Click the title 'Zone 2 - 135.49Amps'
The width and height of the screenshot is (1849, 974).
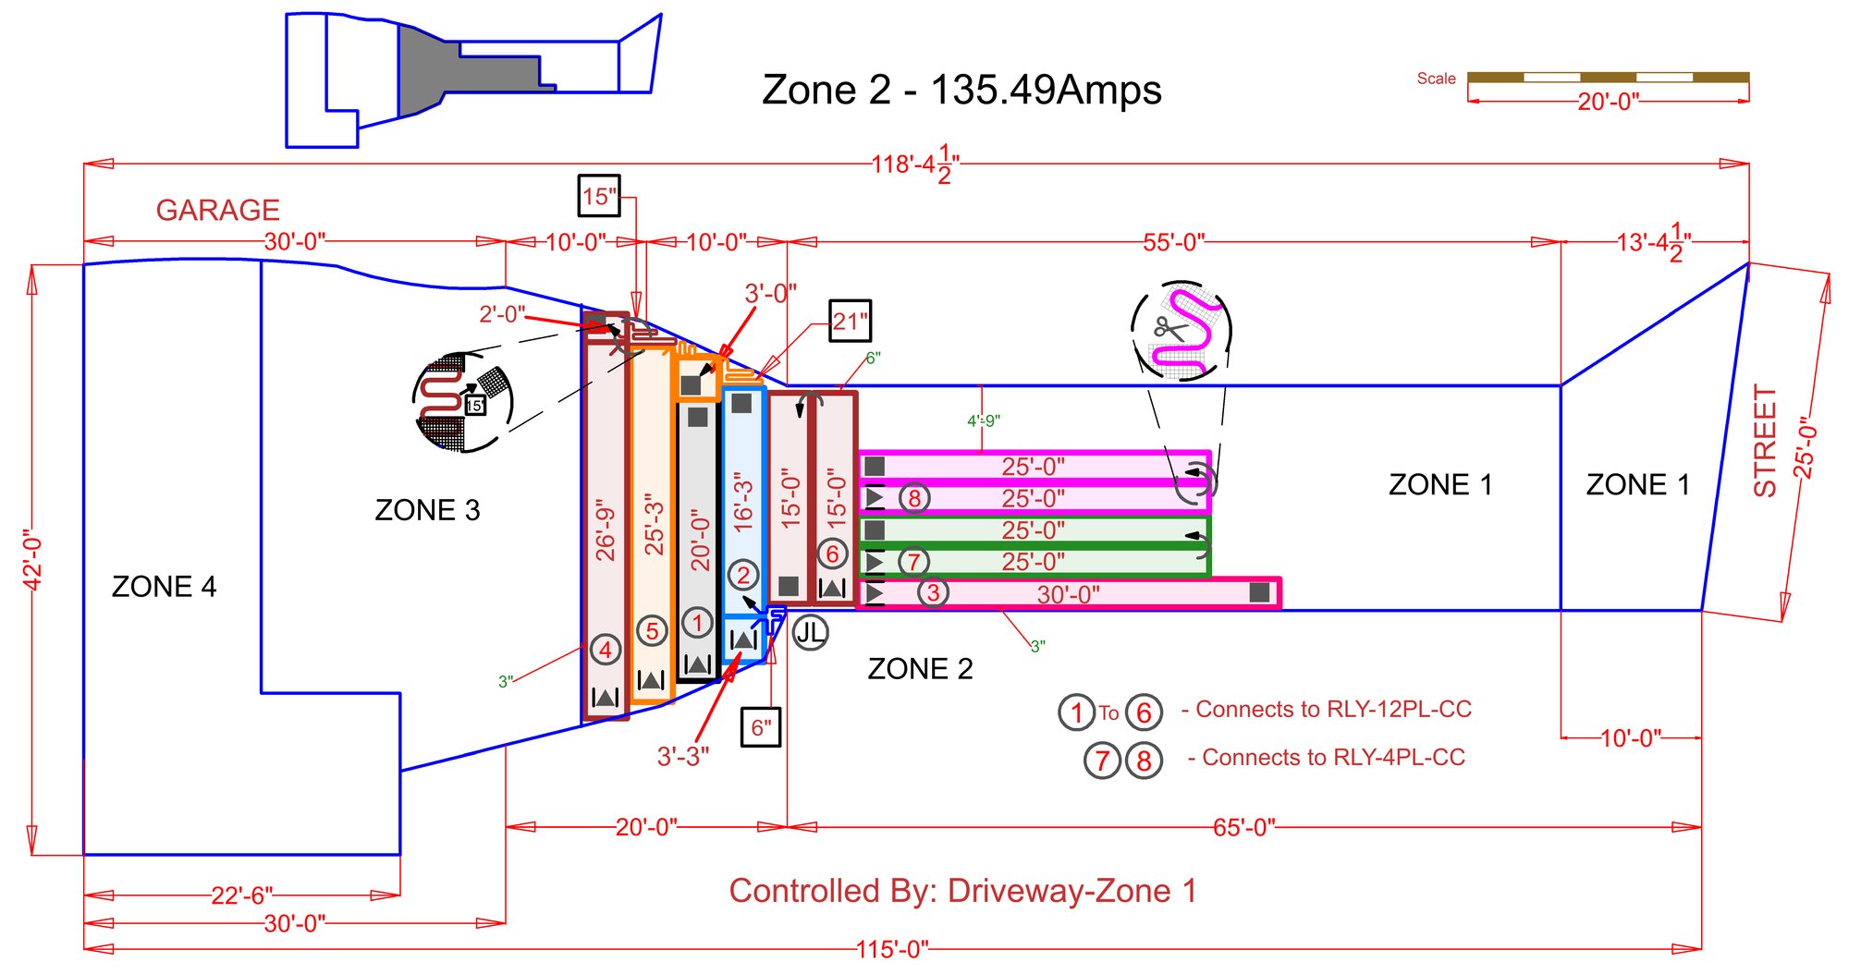click(x=961, y=90)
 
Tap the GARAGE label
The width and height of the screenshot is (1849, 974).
click(x=217, y=210)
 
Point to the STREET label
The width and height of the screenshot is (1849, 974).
click(x=1765, y=441)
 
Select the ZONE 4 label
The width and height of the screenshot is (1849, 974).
click(x=164, y=586)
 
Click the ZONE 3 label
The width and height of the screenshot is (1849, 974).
click(x=427, y=509)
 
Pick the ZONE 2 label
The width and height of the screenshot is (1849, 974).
click(x=920, y=668)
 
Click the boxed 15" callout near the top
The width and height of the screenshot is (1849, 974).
click(x=599, y=196)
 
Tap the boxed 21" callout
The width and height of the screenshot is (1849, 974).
click(x=850, y=322)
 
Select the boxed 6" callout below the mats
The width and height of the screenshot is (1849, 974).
click(x=762, y=727)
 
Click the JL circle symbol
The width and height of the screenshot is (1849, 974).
click(x=810, y=632)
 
